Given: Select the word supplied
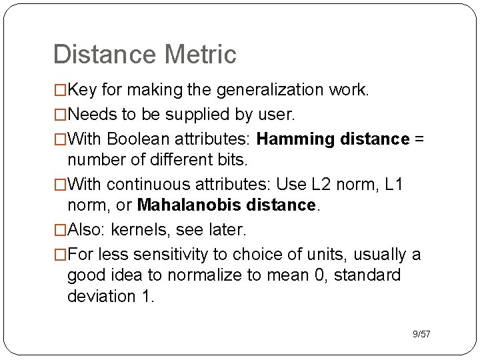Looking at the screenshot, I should coord(198,115).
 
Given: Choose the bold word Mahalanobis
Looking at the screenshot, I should coord(182,205).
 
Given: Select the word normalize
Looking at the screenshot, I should coord(209,275).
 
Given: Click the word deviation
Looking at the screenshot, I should coord(102,296).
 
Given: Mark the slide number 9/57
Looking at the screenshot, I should coord(421,333).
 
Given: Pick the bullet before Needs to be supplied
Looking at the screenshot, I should coord(60,115).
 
